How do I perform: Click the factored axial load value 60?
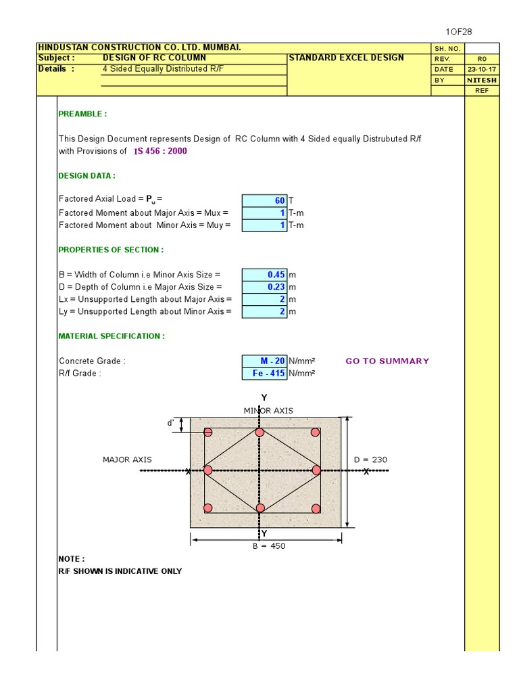(264, 200)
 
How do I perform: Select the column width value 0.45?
(264, 275)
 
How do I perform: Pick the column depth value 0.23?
(264, 287)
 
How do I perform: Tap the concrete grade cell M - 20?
(264, 361)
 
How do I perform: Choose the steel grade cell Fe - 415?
(264, 373)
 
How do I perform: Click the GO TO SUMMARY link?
(387, 361)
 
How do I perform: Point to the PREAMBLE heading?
(82, 114)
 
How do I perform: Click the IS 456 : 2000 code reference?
(160, 151)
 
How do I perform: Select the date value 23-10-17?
(482, 69)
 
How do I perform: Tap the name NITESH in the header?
(482, 80)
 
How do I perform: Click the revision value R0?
(482, 59)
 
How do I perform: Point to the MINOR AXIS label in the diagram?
(268, 411)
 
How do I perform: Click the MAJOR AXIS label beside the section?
(127, 460)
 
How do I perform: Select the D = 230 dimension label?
(370, 460)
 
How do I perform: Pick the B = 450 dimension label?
(268, 546)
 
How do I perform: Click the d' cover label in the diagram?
(171, 423)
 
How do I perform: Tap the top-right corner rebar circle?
(315, 432)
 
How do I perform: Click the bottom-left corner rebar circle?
(208, 508)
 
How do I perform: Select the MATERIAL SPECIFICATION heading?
(112, 336)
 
